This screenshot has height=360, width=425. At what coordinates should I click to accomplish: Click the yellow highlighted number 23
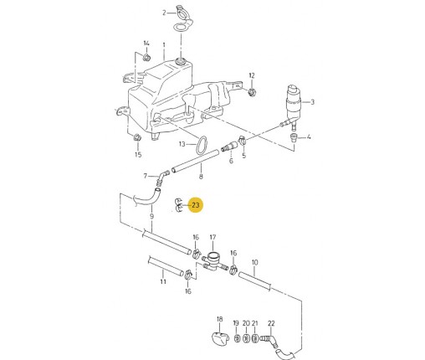pyautogui.click(x=196, y=205)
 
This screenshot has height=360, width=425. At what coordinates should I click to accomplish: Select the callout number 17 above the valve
pyautogui.click(x=212, y=237)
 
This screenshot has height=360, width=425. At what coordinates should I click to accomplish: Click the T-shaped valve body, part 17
pyautogui.click(x=214, y=261)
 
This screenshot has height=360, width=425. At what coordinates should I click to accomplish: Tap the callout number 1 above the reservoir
pyautogui.click(x=164, y=44)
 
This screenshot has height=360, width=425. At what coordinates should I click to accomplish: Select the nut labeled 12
pyautogui.click(x=252, y=91)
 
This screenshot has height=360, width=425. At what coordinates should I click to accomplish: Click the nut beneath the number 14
pyautogui.click(x=146, y=58)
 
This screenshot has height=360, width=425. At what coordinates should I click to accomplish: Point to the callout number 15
pyautogui.click(x=138, y=155)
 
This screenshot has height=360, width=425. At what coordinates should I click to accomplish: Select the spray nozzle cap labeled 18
pyautogui.click(x=220, y=337)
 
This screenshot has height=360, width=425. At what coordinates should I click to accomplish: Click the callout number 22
pyautogui.click(x=271, y=323)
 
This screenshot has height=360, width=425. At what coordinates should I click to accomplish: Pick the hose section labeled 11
pyautogui.click(x=166, y=266)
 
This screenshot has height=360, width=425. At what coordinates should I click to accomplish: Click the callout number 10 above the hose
pyautogui.click(x=254, y=263)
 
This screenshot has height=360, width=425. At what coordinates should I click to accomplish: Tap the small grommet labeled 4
pyautogui.click(x=293, y=137)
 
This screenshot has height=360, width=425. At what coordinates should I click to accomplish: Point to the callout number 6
pyautogui.click(x=231, y=161)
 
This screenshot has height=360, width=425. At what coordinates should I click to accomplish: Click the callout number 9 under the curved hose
pyautogui.click(x=151, y=216)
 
